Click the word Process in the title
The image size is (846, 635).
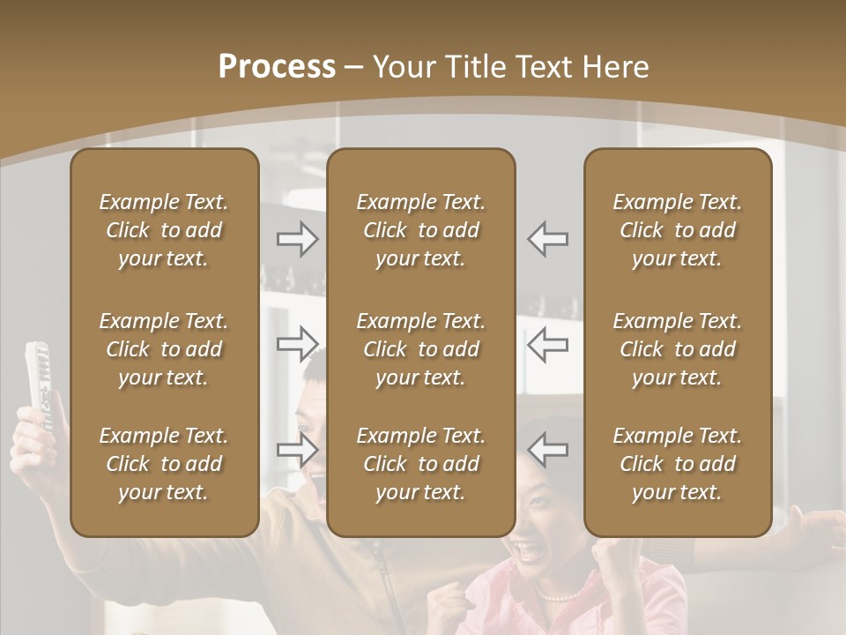coord(277,67)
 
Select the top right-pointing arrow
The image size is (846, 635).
coord(298,239)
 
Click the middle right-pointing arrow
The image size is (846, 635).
coord(298,344)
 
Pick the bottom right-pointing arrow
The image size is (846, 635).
coord(298,450)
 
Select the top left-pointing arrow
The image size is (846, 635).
coord(547,239)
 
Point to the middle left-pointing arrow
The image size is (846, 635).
coord(547,344)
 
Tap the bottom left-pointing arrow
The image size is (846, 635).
coord(547,450)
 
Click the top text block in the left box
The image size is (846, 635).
coord(164,230)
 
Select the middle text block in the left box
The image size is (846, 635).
coord(164,349)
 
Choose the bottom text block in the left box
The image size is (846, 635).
coord(164,464)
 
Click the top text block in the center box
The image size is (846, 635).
coord(420,230)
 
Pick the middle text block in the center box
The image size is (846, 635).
coord(420,349)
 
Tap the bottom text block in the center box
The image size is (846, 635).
coord(420,464)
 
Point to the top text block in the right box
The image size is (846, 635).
coord(677,230)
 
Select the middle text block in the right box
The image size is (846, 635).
coord(677,349)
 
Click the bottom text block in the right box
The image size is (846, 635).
coord(677,464)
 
